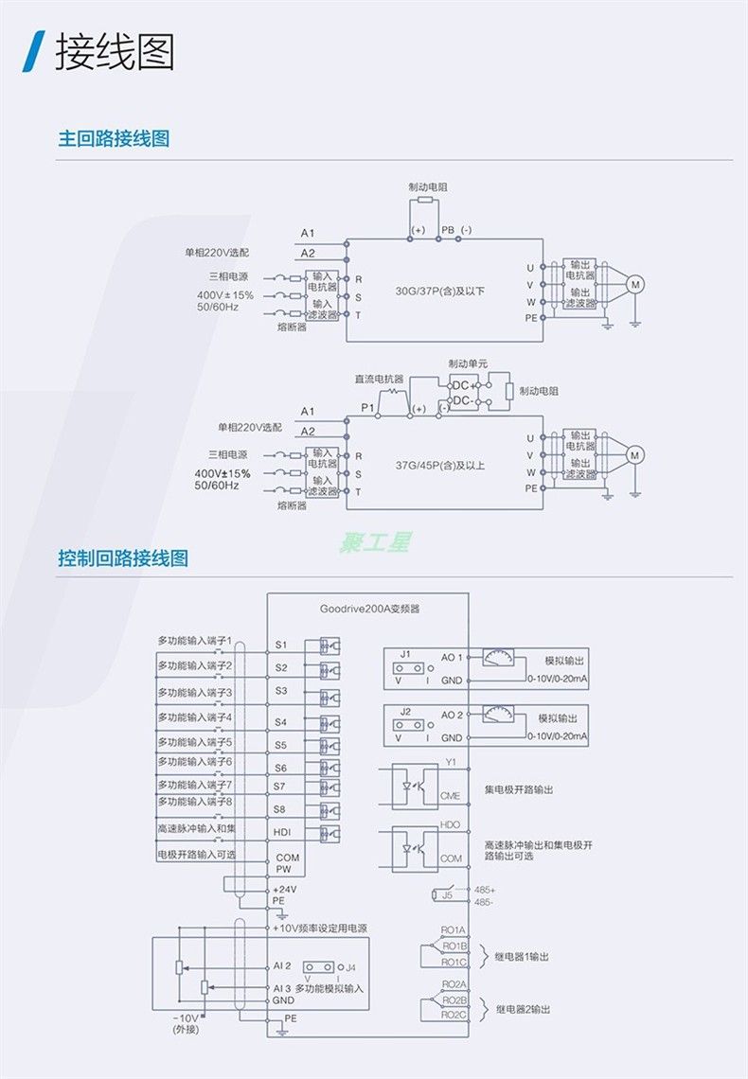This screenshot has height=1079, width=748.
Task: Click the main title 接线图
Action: pos(115,52)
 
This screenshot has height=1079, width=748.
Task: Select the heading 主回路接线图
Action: pos(114,138)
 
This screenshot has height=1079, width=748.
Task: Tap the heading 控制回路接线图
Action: pos(123,557)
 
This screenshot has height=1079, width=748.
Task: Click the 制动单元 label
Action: pos(468,363)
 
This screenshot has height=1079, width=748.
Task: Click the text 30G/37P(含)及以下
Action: pos(440,291)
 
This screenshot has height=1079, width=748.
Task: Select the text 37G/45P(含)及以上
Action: pos(440,465)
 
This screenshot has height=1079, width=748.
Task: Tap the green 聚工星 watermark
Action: pos(376,542)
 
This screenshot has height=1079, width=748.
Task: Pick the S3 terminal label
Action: pos(280,691)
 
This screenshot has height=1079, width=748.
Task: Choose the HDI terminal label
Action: pos(281,832)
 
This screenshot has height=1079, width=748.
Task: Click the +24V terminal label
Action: pos(284,889)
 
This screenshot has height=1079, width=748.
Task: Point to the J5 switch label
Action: pos(447,895)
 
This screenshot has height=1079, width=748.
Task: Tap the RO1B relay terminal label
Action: pos(454,946)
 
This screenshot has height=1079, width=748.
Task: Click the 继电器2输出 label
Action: pos(523,1009)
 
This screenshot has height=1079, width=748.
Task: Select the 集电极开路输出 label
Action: pos(519,789)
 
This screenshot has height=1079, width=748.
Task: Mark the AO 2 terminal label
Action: pos(452,716)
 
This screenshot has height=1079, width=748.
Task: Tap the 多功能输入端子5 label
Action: pos(195,742)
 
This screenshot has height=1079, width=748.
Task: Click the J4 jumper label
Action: pos(351,967)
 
